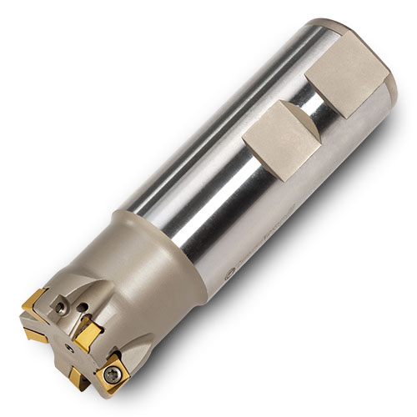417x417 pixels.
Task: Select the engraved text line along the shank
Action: pos(250,250)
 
